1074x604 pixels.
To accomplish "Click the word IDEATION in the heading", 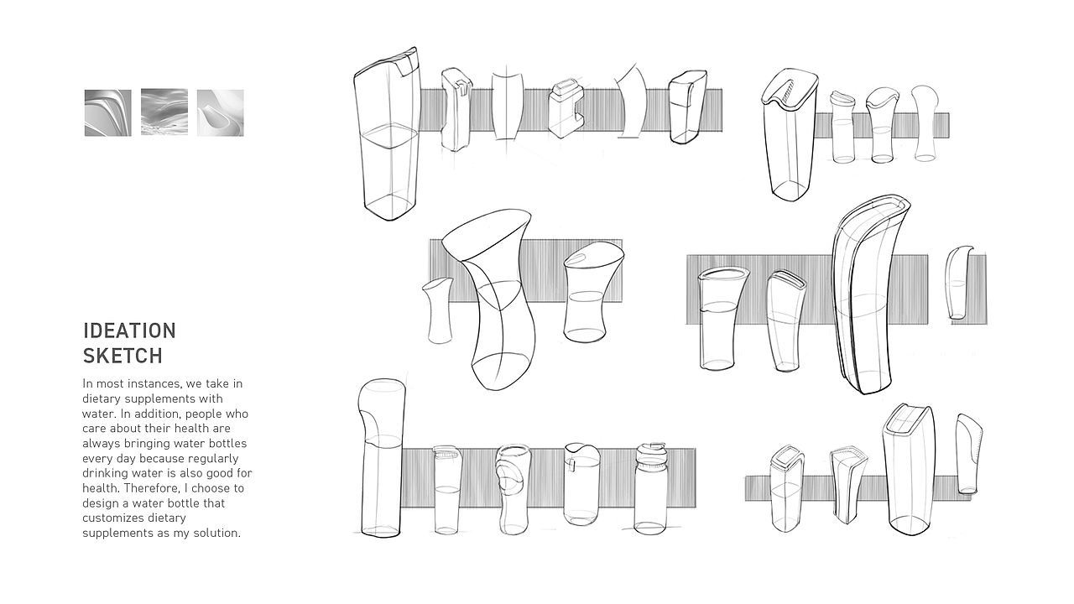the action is tap(129, 331).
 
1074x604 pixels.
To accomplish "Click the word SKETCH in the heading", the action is tap(123, 356).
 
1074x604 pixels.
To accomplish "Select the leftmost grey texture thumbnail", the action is tap(108, 112).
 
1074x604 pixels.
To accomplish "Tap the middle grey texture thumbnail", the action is tap(164, 112).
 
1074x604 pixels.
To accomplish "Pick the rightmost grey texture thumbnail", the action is tap(221, 112).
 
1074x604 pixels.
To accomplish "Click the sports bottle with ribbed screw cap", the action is tap(650, 488).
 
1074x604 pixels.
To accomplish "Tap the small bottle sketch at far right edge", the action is tap(959, 283).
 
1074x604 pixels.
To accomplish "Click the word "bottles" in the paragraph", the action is tap(226, 443).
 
